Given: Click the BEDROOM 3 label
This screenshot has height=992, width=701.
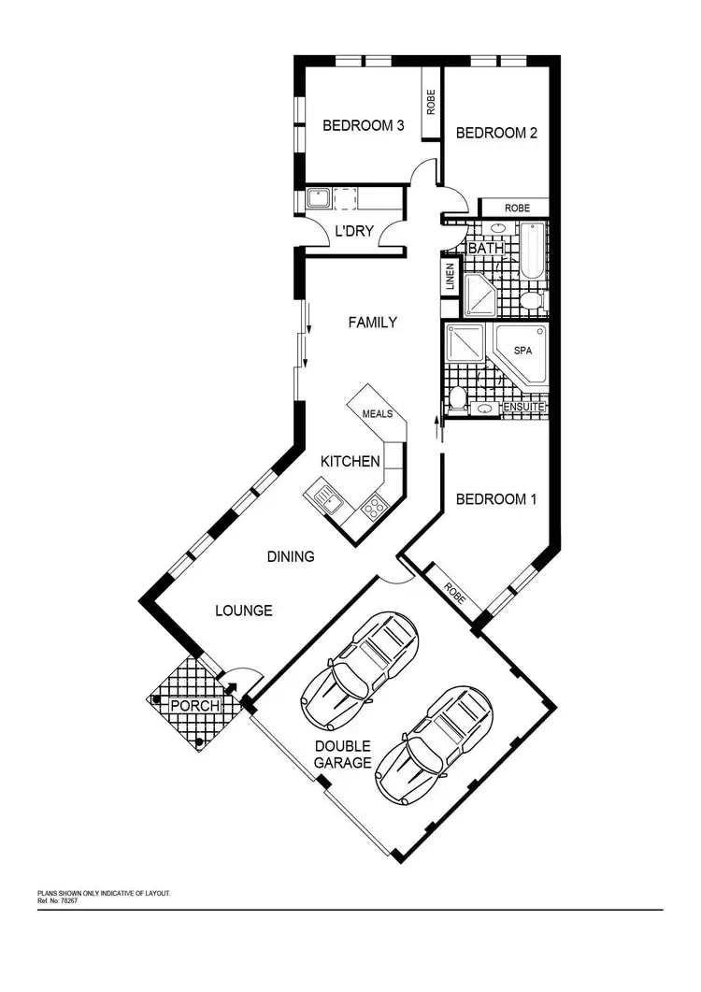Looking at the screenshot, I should pyautogui.click(x=363, y=125).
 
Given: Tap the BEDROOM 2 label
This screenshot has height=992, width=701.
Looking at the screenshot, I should pyautogui.click(x=496, y=133).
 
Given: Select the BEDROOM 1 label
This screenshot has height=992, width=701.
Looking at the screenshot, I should pyautogui.click(x=496, y=499).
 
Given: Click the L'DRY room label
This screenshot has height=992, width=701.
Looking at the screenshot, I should pyautogui.click(x=355, y=230).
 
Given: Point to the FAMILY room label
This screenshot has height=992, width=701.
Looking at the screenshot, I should pyautogui.click(x=372, y=323).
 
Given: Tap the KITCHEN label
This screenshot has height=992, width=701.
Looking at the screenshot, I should pyautogui.click(x=350, y=461).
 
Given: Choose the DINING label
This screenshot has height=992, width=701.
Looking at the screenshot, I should pyautogui.click(x=291, y=556).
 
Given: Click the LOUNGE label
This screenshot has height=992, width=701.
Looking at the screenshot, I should pyautogui.click(x=244, y=611).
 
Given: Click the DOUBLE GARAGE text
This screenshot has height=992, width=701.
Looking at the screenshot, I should pyautogui.click(x=342, y=755).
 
